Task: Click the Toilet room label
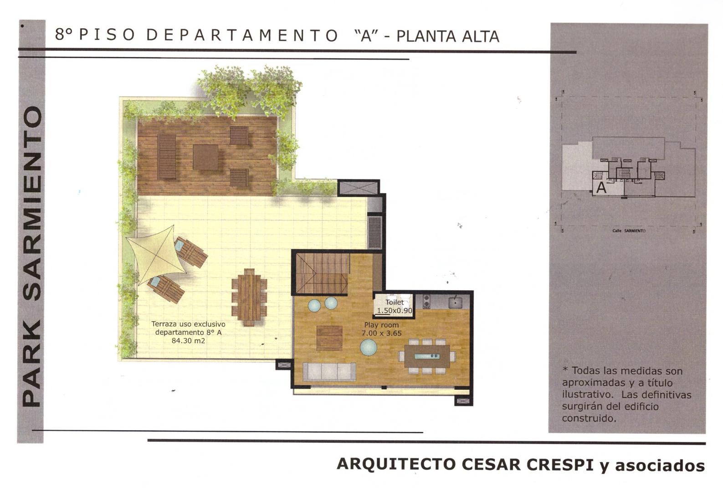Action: point(395,302)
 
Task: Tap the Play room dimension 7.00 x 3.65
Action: point(381,333)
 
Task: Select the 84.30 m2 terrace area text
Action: point(188,341)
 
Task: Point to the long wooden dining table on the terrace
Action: point(249,297)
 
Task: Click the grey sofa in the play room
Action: point(329,371)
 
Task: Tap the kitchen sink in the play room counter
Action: point(455,302)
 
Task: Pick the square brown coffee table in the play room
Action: point(329,338)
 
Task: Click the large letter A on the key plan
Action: point(601,188)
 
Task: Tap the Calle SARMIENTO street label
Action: point(629,231)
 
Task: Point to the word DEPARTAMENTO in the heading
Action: point(242,35)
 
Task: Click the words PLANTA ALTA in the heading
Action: point(448,36)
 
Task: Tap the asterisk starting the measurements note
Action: point(565,369)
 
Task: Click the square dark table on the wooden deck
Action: point(205,157)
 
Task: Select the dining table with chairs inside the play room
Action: point(427,356)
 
